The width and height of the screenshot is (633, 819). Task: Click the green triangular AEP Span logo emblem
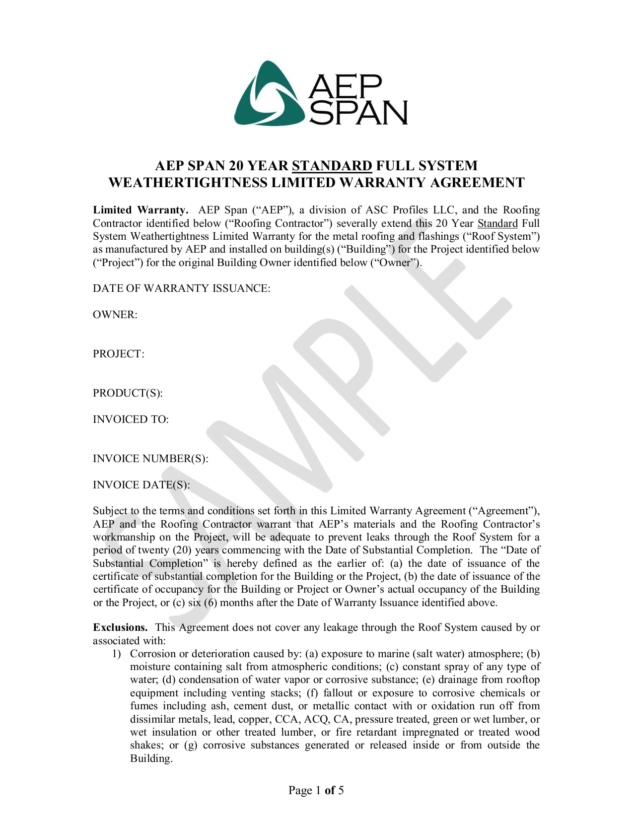(x=268, y=93)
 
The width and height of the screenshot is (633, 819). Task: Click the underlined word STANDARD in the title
(x=332, y=166)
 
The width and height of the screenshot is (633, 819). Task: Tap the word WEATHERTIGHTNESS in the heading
(x=188, y=183)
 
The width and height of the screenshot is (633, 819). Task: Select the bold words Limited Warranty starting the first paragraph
(x=141, y=210)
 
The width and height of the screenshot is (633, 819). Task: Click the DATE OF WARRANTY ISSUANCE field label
(x=181, y=288)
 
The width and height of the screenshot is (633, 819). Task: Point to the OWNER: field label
(x=115, y=315)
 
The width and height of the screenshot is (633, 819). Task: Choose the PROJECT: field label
(x=118, y=354)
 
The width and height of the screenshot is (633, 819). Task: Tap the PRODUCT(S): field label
(x=128, y=393)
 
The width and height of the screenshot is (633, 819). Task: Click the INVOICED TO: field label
(x=131, y=419)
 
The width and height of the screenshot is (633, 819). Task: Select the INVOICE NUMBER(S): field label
(x=150, y=459)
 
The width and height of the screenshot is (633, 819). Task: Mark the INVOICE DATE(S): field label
(x=141, y=485)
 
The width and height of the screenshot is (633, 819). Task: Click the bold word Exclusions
(x=120, y=627)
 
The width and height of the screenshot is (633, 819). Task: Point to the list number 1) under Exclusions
(x=117, y=654)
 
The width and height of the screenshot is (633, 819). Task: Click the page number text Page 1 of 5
(x=316, y=790)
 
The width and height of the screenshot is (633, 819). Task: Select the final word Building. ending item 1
(x=151, y=758)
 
